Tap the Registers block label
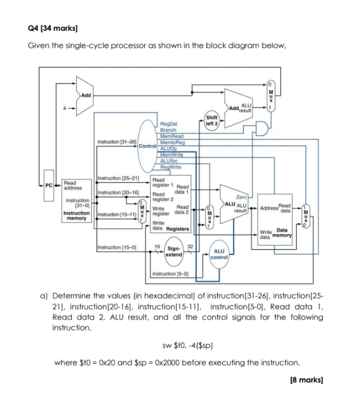179,229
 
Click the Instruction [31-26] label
117,142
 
